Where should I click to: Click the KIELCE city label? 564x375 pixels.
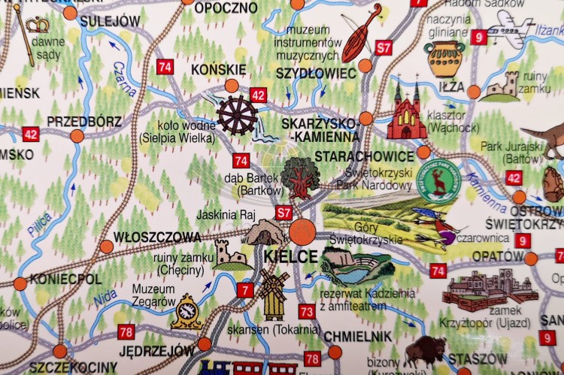pyautogui.click(x=292, y=256)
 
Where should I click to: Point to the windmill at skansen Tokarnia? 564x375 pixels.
pyautogui.click(x=274, y=294)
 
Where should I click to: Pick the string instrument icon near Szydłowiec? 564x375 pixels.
pyautogui.click(x=362, y=33)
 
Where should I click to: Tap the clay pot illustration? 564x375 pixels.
pyautogui.click(x=444, y=59)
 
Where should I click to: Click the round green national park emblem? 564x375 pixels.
pyautogui.click(x=438, y=180)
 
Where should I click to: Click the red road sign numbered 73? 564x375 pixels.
pyautogui.click(x=306, y=311)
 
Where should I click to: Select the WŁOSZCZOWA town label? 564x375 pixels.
pyautogui.click(x=157, y=237)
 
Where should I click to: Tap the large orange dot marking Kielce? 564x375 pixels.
pyautogui.click(x=303, y=230)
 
